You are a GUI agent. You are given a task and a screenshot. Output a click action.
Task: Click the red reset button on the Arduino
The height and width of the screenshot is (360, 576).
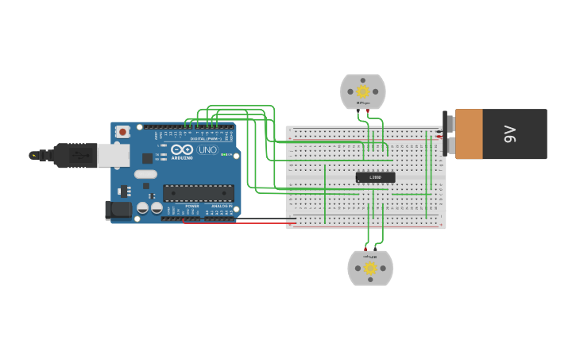tap(122, 132)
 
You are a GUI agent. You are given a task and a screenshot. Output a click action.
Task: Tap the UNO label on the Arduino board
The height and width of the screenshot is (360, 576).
tap(207, 149)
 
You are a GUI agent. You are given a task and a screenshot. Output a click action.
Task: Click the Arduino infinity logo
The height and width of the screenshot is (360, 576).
tap(182, 149)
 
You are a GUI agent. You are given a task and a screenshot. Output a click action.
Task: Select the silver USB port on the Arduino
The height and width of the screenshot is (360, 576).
tap(113, 155)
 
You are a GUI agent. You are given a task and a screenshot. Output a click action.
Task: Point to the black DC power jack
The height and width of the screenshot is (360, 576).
tap(118, 211)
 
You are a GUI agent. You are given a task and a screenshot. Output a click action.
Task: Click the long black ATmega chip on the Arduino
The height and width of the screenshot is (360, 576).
tap(198, 193)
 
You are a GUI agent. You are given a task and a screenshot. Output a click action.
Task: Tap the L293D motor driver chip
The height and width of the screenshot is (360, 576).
tap(375, 177)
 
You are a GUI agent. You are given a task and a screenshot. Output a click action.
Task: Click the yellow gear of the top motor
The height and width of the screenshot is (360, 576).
tap(363, 91)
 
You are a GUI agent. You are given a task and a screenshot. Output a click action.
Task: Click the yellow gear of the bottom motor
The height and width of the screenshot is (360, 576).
tap(370, 269)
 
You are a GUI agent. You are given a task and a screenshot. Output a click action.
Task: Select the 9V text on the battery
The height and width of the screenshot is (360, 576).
tap(510, 134)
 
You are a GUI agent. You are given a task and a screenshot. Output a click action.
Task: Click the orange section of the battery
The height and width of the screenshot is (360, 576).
tap(469, 134)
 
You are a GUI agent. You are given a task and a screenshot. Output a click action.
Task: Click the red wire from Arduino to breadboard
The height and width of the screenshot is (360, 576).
tap(238, 223)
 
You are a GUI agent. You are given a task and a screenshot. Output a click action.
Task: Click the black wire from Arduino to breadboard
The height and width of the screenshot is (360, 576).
tap(238, 219)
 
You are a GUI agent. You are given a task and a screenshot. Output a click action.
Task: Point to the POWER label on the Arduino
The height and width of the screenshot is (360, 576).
tap(192, 206)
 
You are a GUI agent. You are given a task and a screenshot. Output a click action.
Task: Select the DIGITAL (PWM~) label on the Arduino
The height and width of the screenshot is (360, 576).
tap(204, 138)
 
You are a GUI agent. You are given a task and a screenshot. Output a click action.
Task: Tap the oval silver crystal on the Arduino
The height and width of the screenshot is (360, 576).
tap(145, 174)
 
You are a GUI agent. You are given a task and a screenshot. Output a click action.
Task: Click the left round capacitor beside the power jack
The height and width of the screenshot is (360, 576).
tap(142, 208)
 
